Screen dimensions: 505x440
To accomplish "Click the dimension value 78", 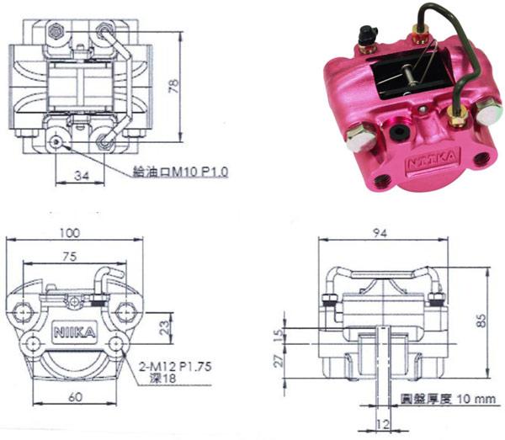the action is tap(173, 87).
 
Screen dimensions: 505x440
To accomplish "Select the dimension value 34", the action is tap(82, 176).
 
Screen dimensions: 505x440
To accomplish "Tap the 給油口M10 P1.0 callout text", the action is tap(181, 172).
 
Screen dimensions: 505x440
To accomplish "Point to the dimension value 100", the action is tap(70, 233).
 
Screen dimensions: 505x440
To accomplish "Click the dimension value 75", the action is tap(70, 257).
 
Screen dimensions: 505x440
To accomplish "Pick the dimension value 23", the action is tap(165, 327).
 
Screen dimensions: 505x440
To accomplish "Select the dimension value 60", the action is tap(75, 397).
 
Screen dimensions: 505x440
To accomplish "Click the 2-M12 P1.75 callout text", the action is tap(175, 366).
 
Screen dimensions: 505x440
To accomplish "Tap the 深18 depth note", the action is tap(163, 379).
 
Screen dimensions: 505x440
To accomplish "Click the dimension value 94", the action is tap(380, 233).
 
